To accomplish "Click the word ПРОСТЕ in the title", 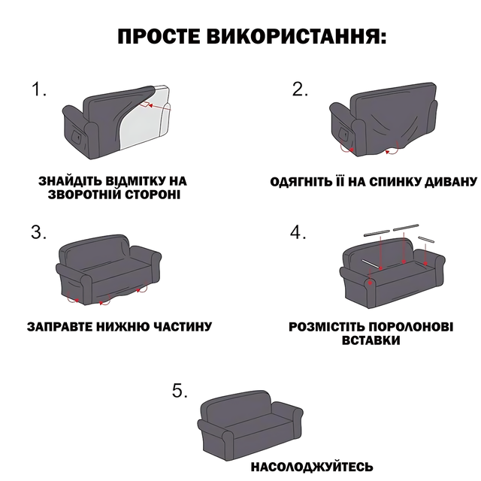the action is tap(159, 37).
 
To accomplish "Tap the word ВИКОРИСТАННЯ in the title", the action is tap(296, 37).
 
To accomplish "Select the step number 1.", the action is tap(38, 89).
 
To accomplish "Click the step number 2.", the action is tap(300, 89).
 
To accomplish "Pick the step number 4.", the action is tap(298, 232).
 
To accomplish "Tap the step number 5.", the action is tap(180, 391).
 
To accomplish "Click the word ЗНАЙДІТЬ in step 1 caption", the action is tap(69, 180).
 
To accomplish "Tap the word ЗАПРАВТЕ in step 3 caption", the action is tap(59, 327).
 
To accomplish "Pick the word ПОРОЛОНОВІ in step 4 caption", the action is tap(411, 327).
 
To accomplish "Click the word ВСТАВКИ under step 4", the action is tap(371, 340).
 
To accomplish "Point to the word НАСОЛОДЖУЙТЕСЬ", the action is tap(312, 467).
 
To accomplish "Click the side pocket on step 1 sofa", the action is tap(76, 136).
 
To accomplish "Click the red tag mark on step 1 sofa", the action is tap(146, 104).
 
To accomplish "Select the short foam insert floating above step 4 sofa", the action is tap(426, 240).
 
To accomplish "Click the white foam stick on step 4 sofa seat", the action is tap(371, 264).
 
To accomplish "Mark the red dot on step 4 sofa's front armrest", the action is tap(371, 283).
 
